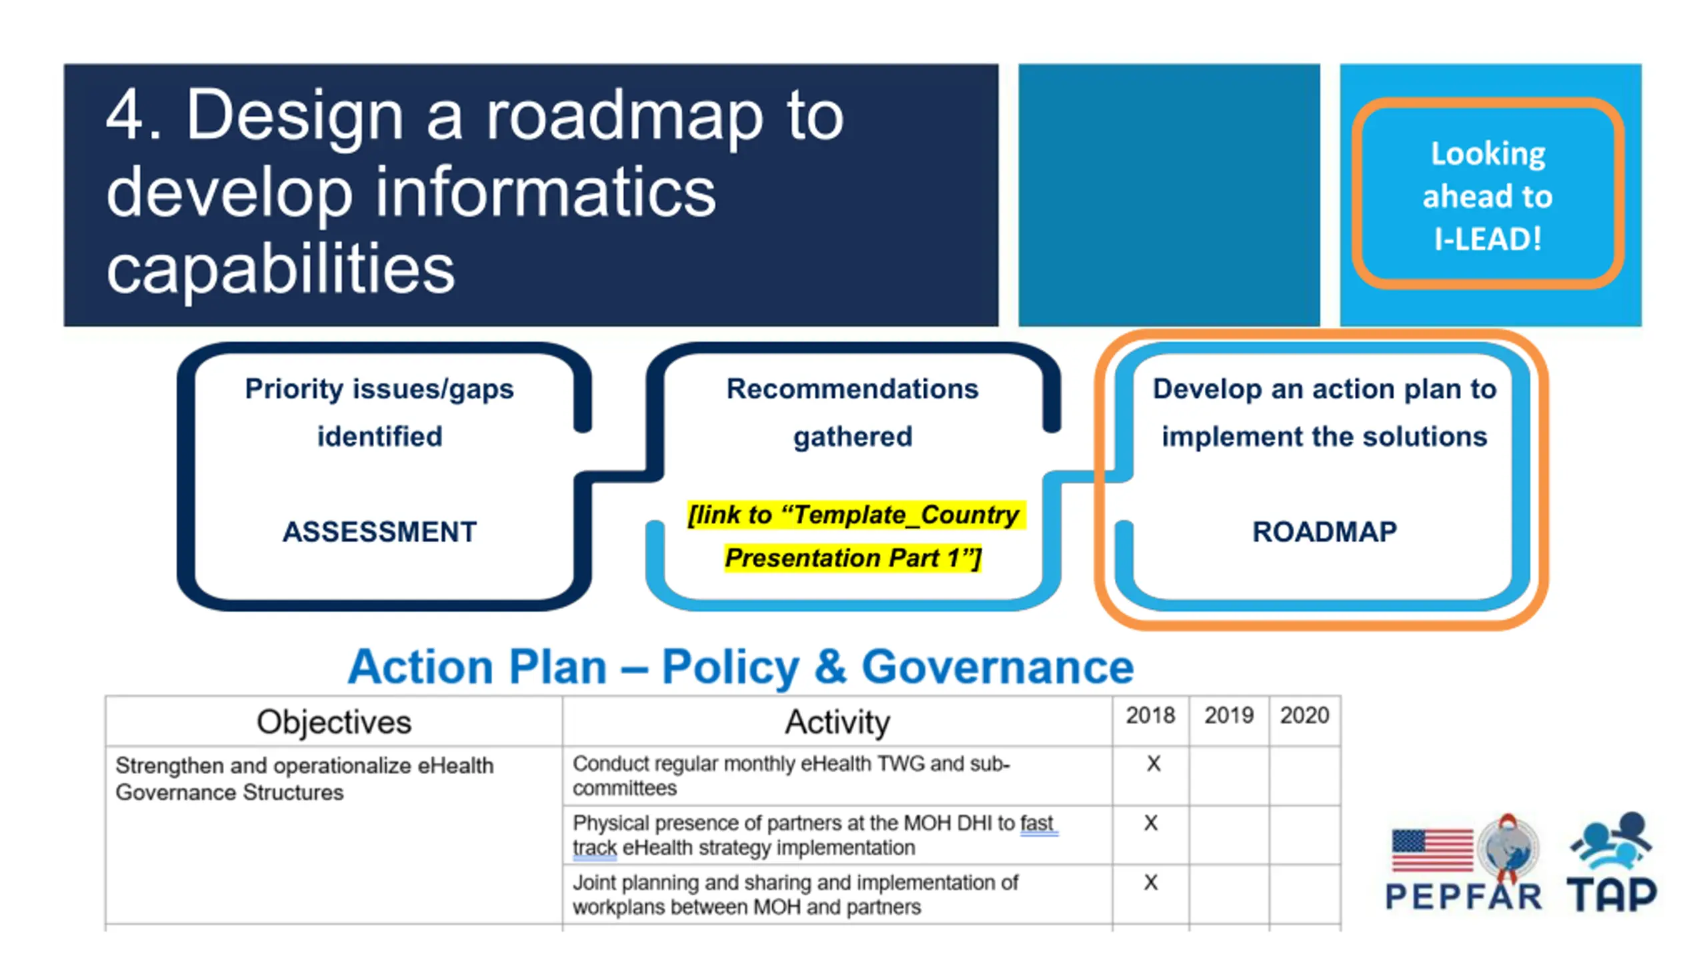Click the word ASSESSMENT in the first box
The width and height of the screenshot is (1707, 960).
click(x=379, y=531)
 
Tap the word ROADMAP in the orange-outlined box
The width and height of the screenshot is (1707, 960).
click(x=1324, y=531)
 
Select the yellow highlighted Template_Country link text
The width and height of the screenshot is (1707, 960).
click(x=854, y=536)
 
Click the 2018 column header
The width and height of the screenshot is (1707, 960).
click(x=1150, y=715)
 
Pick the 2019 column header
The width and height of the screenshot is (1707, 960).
click(x=1228, y=715)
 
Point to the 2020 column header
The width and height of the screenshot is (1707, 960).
click(x=1304, y=715)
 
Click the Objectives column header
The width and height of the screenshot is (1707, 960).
click(x=334, y=722)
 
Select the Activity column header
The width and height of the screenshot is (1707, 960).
click(x=837, y=723)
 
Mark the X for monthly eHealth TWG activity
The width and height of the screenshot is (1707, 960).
click(x=1154, y=763)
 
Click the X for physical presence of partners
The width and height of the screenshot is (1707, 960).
click(x=1151, y=823)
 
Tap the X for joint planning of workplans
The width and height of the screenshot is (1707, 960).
click(x=1151, y=882)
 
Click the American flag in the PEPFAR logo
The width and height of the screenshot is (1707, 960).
click(x=1432, y=850)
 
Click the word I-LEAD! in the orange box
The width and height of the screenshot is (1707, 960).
click(x=1488, y=239)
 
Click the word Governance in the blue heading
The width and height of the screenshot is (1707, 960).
click(x=998, y=667)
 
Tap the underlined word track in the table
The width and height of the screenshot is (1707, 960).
click(x=595, y=847)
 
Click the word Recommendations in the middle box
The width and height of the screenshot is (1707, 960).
click(x=852, y=389)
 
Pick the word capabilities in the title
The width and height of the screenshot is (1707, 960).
click(x=281, y=270)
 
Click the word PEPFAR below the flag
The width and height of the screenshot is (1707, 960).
click(x=1464, y=896)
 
